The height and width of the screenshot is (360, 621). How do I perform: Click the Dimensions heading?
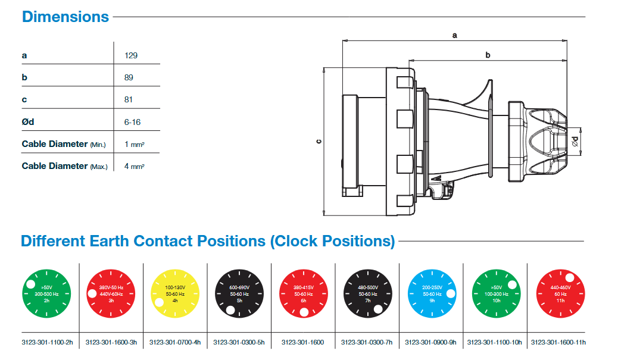point(65,17)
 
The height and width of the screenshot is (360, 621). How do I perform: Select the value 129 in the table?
point(131,55)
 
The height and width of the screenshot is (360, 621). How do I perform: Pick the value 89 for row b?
point(129,77)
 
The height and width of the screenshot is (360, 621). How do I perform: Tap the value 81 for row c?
point(129,99)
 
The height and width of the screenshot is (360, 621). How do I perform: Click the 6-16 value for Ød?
point(132,122)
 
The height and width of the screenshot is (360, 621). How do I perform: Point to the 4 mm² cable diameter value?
point(135,166)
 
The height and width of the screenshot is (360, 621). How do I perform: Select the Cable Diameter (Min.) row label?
point(64,144)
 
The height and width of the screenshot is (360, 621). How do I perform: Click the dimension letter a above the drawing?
point(454,35)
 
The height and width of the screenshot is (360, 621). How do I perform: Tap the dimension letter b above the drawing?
point(488,55)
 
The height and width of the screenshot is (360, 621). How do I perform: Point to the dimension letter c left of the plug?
point(319,142)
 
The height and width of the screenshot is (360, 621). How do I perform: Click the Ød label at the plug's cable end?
point(575,141)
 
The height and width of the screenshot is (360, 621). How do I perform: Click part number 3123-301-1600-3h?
point(111,342)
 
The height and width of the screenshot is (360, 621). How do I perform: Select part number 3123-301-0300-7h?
point(367,342)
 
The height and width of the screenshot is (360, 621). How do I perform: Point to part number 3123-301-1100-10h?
point(495,342)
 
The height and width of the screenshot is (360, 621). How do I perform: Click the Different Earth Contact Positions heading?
point(208,241)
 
